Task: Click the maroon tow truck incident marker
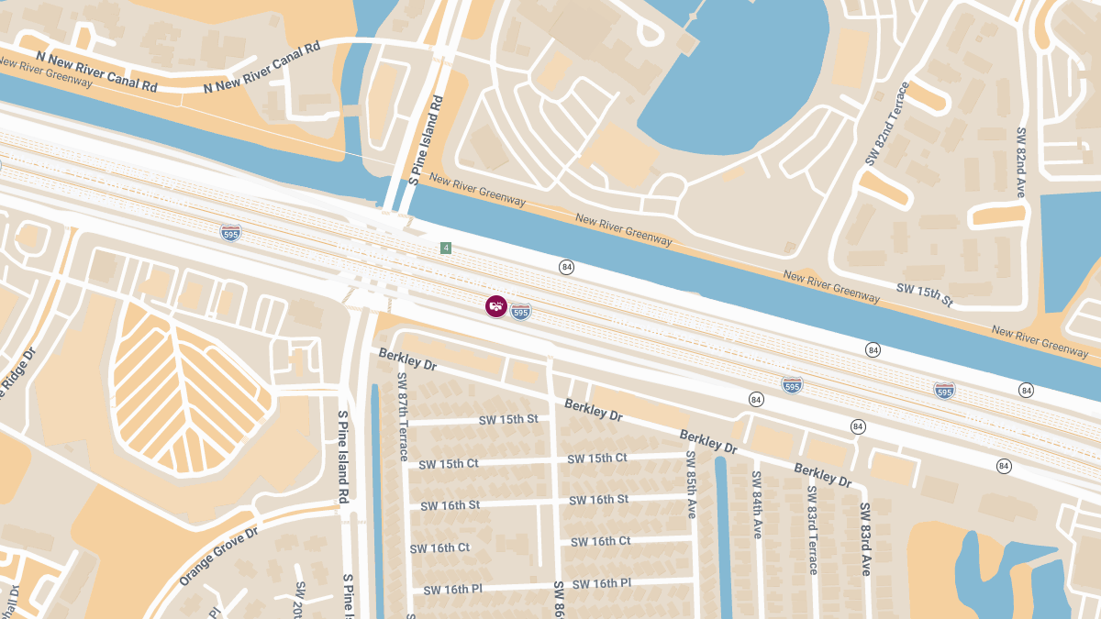pos(495,306)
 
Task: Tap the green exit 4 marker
pos(446,249)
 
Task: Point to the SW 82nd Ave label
pos(1021,161)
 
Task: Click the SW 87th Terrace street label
pos(402,416)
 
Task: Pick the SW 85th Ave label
pos(691,484)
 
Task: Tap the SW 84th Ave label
pos(757,504)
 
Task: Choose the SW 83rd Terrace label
pos(812,529)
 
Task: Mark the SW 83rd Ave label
pos(865,538)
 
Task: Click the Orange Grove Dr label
pos(219,556)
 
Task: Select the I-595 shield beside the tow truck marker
pos(520,312)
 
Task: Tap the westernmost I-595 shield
pos(231,232)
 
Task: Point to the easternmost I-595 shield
pos(944,391)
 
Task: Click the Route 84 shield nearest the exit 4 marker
pos(566,267)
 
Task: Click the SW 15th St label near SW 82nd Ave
pos(925,294)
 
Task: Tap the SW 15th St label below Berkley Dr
pos(508,420)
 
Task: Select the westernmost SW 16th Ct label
pos(439,547)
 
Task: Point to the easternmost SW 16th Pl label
pos(602,583)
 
